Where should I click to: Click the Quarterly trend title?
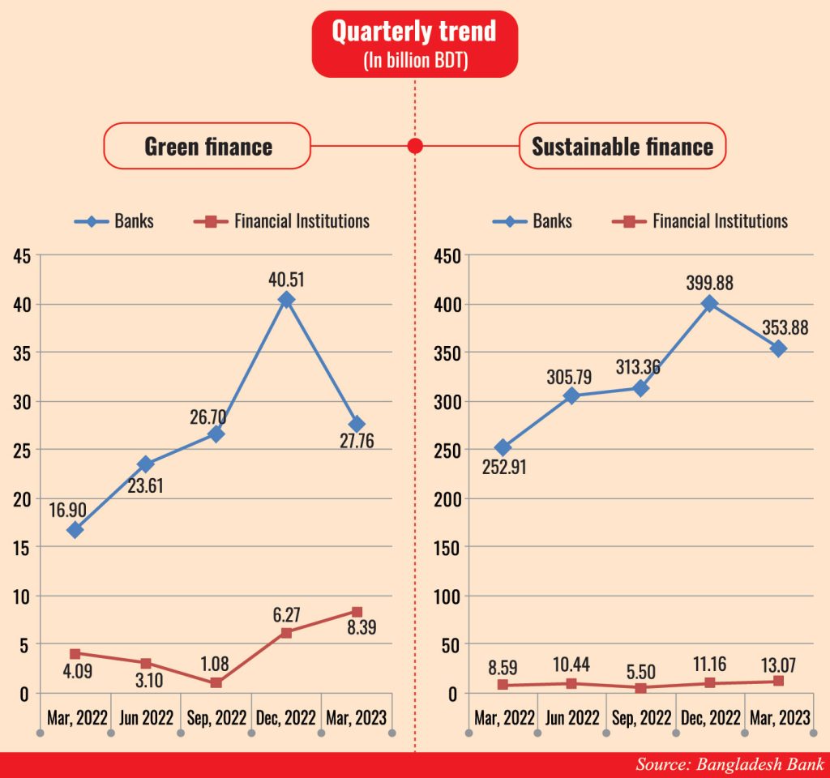(414, 33)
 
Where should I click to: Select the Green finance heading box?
(207, 147)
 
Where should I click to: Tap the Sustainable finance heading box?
(622, 147)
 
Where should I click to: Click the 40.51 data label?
(285, 280)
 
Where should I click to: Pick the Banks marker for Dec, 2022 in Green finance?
(285, 300)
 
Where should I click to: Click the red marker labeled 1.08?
(216, 682)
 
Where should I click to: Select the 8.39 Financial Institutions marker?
(357, 612)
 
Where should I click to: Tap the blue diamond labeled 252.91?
(503, 447)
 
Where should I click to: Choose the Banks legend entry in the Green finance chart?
(113, 221)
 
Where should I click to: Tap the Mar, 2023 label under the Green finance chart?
(357, 718)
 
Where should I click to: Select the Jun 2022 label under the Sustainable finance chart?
(572, 718)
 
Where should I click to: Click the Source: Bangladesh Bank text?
(729, 764)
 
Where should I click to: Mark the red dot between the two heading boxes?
(415, 146)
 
